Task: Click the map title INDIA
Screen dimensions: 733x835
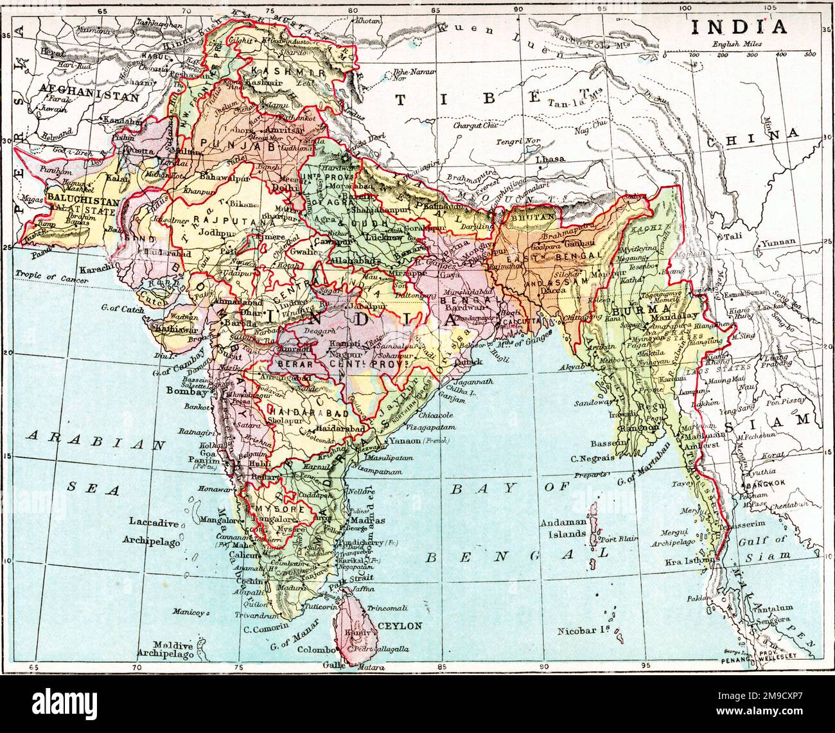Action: (738, 26)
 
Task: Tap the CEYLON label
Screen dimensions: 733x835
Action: (400, 625)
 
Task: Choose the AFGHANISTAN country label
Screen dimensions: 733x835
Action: (89, 98)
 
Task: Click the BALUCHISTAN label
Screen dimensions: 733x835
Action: (73, 201)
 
